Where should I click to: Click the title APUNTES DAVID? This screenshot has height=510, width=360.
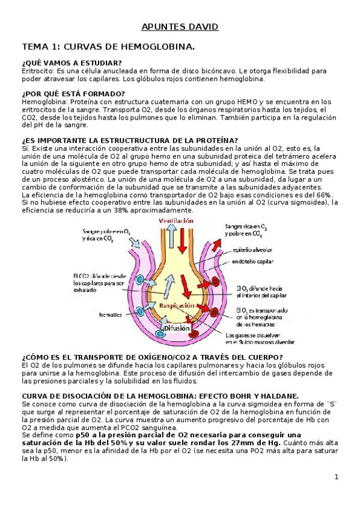pos(180,27)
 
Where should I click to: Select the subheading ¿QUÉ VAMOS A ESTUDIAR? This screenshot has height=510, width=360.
pos(71,63)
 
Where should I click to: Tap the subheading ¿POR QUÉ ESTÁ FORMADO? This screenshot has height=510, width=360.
pos(73,93)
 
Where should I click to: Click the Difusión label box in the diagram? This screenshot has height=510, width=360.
pos(174,329)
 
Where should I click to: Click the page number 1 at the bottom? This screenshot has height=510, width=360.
pos(337,477)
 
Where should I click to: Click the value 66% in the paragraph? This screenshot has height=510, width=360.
pos(324,194)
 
